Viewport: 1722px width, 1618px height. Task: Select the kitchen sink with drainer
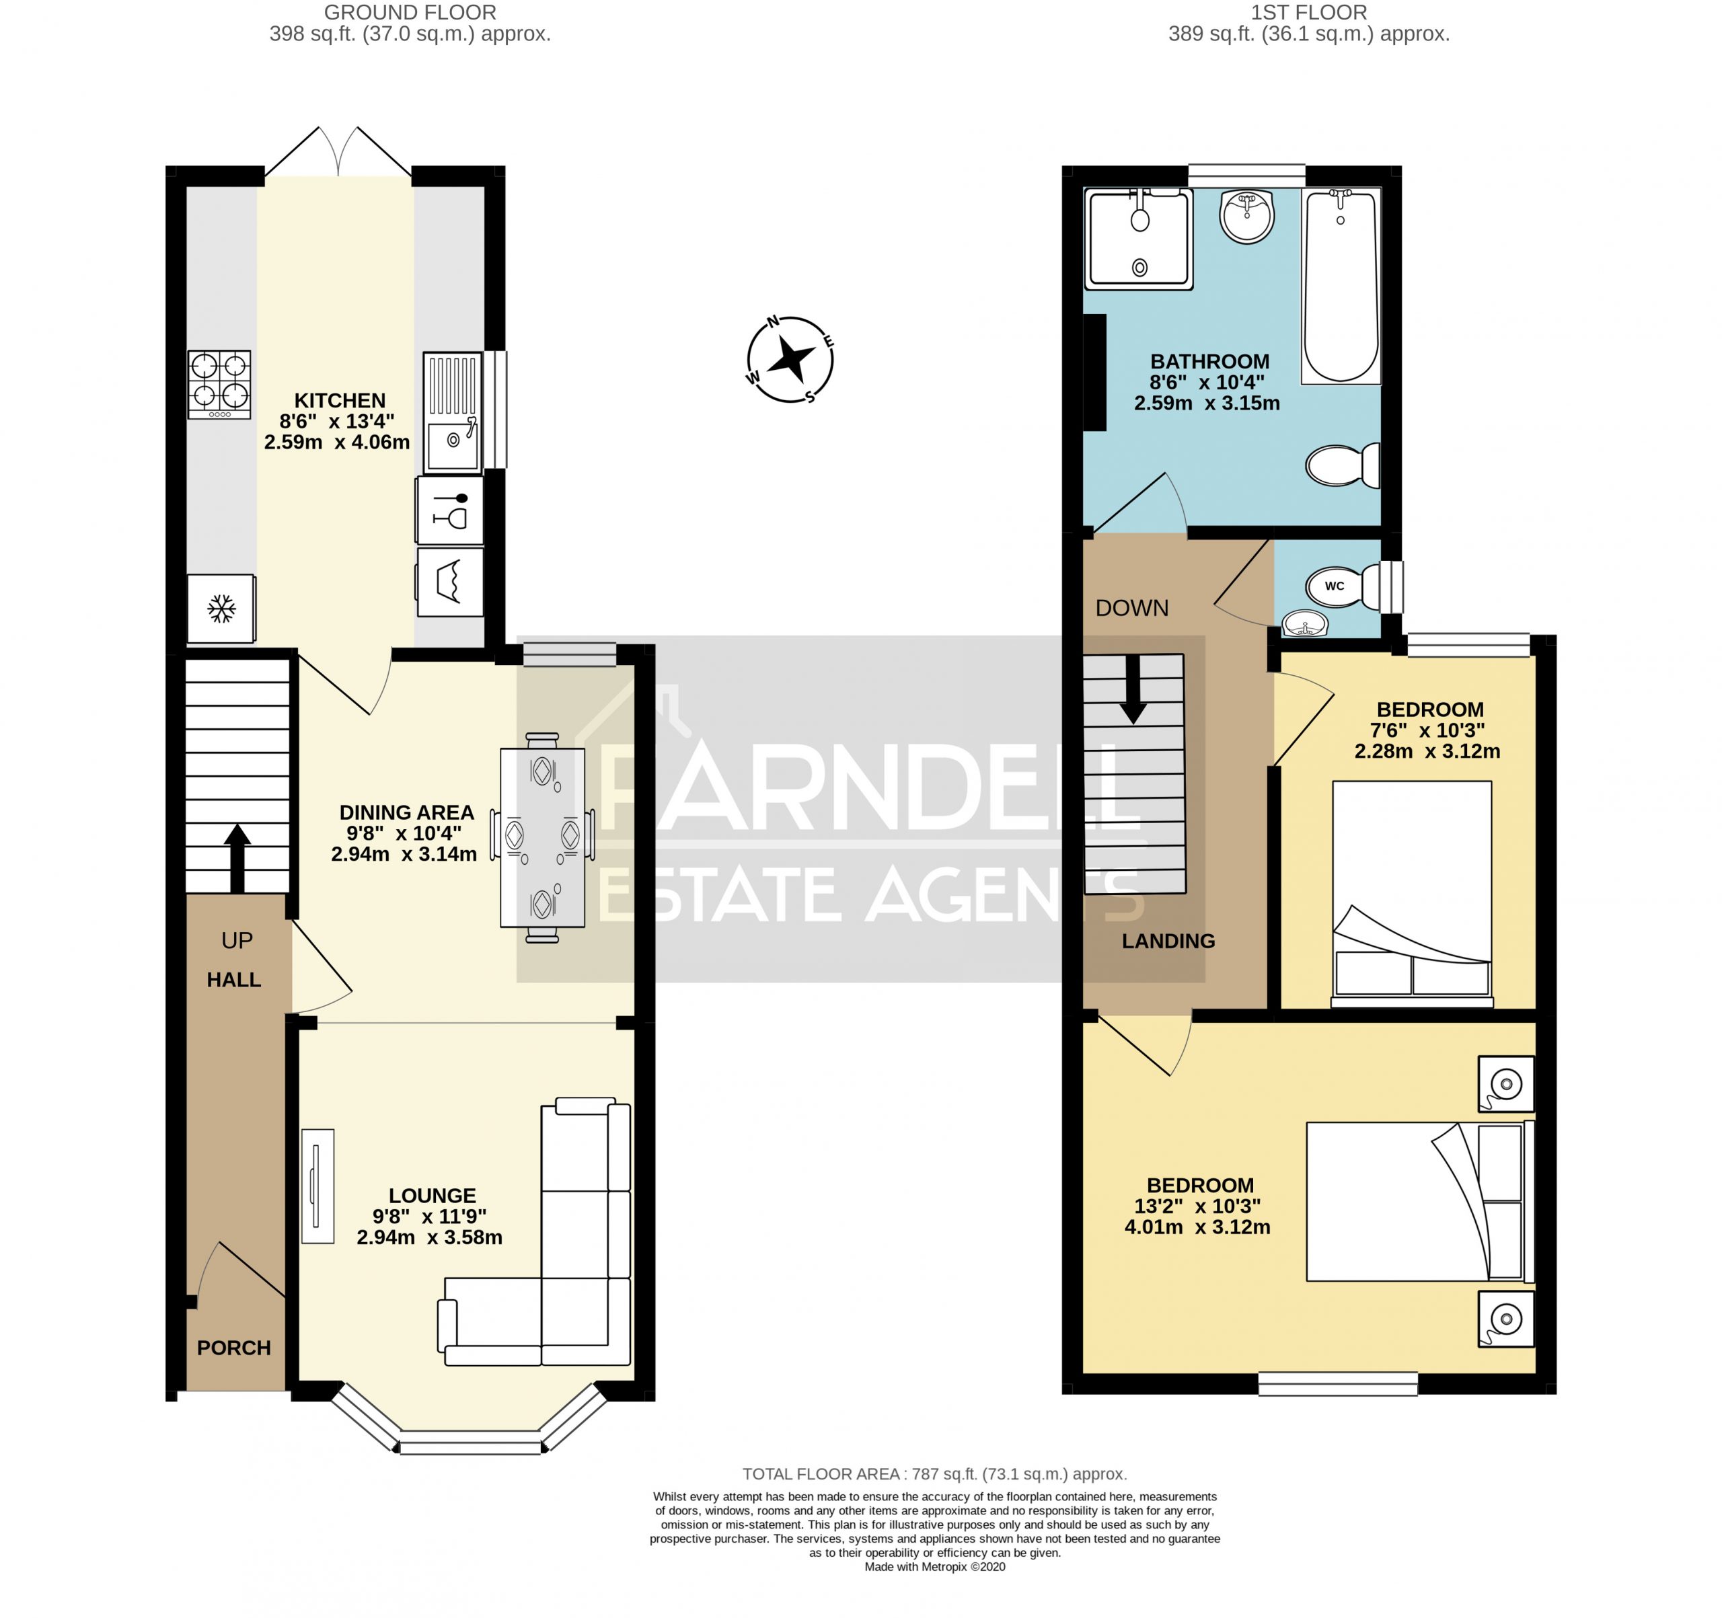coord(453,412)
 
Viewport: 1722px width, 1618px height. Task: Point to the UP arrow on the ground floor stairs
coord(237,856)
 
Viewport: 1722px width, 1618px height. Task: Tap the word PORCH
coord(234,1348)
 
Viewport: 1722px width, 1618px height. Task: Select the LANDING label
coord(1168,941)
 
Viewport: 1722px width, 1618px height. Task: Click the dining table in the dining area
coord(542,837)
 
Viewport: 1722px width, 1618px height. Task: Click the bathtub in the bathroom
coord(1341,286)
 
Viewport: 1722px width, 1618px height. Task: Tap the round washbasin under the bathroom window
coord(1247,216)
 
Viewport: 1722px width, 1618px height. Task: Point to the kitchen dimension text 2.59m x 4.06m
coord(337,442)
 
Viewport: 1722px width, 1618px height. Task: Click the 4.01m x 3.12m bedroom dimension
coord(1197,1227)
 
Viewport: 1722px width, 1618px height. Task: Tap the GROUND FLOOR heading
coord(410,13)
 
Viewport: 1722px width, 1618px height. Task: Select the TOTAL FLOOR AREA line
coord(934,1474)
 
